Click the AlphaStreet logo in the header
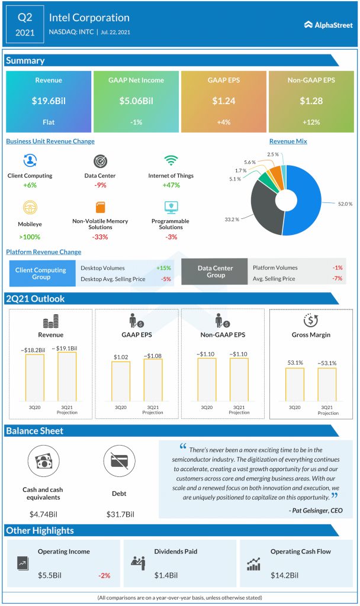(x=327, y=24)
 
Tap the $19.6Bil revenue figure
(x=49, y=101)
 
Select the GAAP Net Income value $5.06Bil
(x=136, y=101)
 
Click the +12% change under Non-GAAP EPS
(x=311, y=123)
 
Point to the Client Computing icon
(x=30, y=161)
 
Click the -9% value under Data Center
(x=99, y=185)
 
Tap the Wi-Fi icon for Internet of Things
(x=171, y=161)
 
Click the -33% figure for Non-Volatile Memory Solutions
(x=99, y=237)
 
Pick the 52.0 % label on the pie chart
(x=346, y=204)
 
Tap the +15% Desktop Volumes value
(x=164, y=267)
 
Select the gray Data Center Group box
(x=216, y=272)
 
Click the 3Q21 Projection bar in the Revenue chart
(x=67, y=376)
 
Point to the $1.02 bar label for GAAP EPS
(x=120, y=356)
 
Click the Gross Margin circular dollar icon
(x=311, y=320)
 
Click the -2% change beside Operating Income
(x=104, y=575)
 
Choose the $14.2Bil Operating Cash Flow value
(x=284, y=575)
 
